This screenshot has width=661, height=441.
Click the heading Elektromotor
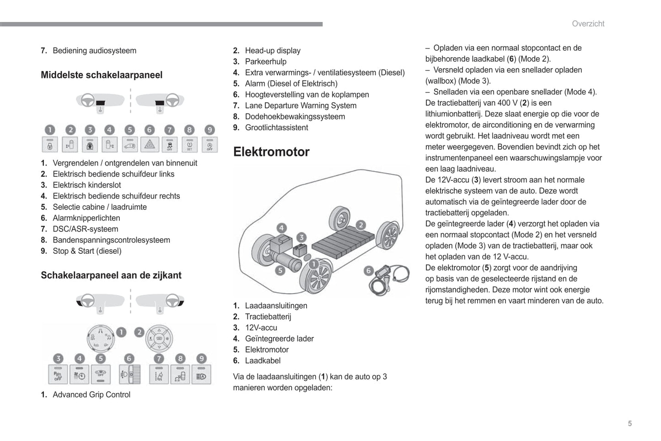tap(271, 152)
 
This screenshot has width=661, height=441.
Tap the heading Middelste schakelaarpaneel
tap(102, 75)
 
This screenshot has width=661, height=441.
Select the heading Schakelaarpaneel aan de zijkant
tap(111, 275)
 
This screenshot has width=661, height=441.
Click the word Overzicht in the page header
tap(588, 24)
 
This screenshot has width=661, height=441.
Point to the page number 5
tap(630, 424)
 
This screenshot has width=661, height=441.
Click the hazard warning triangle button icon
tap(150, 145)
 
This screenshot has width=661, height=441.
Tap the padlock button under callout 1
tap(50, 145)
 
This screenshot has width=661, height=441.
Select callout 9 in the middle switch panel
tap(209, 130)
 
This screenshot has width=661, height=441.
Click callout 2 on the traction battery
tap(361, 225)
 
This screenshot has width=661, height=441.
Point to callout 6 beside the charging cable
tap(368, 271)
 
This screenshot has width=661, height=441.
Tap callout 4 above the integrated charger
tap(281, 228)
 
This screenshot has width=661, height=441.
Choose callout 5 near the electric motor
tap(280, 270)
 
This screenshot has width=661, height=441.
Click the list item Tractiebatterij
tap(268, 317)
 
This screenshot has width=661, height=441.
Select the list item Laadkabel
tap(263, 360)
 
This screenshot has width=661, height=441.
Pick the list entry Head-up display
tap(273, 51)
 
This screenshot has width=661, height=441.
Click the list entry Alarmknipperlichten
tap(86, 218)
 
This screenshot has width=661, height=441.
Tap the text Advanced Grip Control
tap(91, 395)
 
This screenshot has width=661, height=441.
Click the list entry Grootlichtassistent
tap(276, 128)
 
